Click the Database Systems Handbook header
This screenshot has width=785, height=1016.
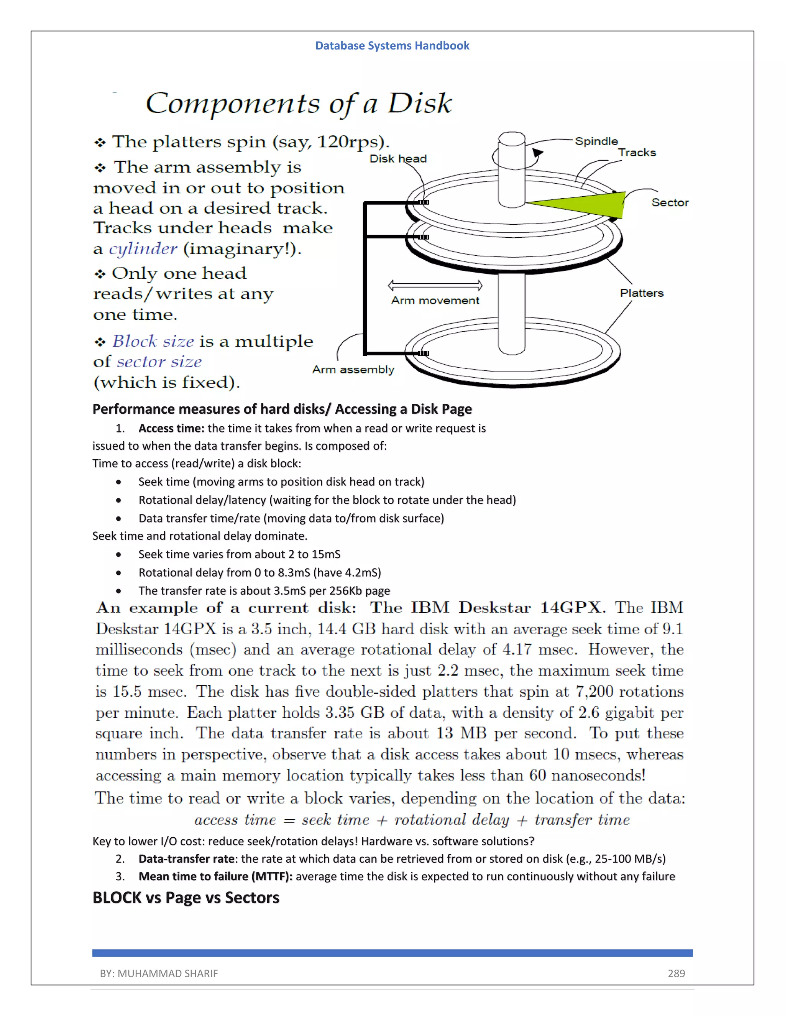[392, 46]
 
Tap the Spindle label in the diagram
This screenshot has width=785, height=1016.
[596, 141]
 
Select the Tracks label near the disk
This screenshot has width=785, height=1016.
[637, 153]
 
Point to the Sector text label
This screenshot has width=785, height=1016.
[670, 202]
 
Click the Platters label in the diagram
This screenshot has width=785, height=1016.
[641, 293]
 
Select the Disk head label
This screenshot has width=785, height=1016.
[397, 159]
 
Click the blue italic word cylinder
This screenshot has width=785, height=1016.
[143, 249]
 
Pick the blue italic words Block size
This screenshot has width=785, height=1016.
[153, 342]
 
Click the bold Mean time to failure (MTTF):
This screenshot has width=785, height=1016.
[215, 876]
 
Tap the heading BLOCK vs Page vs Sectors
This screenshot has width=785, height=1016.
[186, 898]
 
